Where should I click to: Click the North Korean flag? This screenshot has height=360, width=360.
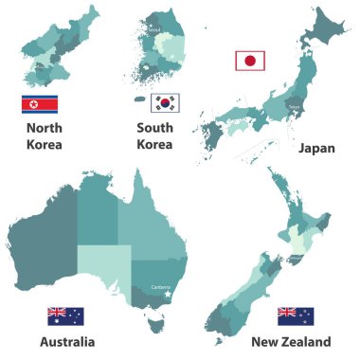tap(39, 103)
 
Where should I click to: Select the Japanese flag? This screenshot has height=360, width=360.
tap(250, 61)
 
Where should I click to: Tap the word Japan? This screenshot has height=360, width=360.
tap(315, 149)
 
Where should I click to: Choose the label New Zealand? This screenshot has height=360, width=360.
tap(291, 341)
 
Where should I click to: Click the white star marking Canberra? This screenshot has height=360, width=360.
tap(168, 294)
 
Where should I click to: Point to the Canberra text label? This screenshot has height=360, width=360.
tap(160, 287)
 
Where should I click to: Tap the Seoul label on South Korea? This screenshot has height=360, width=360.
tap(153, 29)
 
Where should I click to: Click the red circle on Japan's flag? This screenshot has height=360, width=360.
tap(250, 61)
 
